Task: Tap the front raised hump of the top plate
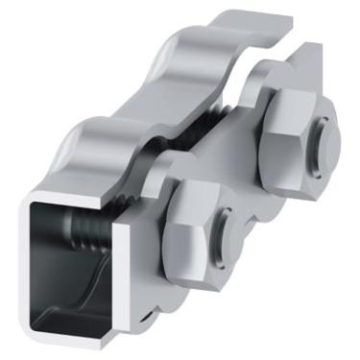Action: click(91, 144)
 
